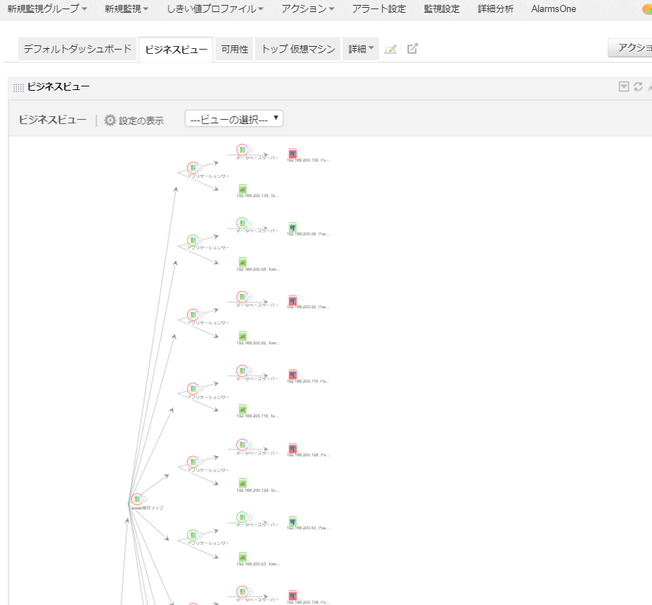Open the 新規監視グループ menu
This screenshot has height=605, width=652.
[x=47, y=9]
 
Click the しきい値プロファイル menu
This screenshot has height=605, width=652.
[x=214, y=9]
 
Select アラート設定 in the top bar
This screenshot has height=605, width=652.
[x=379, y=9]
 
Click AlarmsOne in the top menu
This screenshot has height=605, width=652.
[x=553, y=9]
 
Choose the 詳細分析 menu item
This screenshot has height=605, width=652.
[x=495, y=9]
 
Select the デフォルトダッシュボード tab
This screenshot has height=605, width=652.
[x=77, y=49]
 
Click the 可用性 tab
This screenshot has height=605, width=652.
[x=234, y=49]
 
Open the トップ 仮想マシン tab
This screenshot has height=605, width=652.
[x=298, y=49]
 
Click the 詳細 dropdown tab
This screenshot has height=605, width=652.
[x=361, y=49]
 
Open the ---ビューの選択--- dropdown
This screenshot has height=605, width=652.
[x=234, y=119]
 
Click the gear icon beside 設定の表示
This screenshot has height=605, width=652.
[x=110, y=120]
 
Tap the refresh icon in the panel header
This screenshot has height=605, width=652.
[x=638, y=86]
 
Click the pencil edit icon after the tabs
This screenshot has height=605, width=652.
[x=390, y=49]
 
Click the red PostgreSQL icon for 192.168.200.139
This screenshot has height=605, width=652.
[x=292, y=154]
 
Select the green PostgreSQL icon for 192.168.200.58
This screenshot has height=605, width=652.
[x=292, y=227]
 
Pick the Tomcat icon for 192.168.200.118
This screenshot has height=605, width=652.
[x=242, y=409]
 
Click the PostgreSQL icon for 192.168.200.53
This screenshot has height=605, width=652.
[x=292, y=522]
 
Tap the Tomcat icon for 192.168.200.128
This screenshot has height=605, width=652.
[x=242, y=483]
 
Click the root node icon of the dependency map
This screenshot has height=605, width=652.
[x=137, y=499]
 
